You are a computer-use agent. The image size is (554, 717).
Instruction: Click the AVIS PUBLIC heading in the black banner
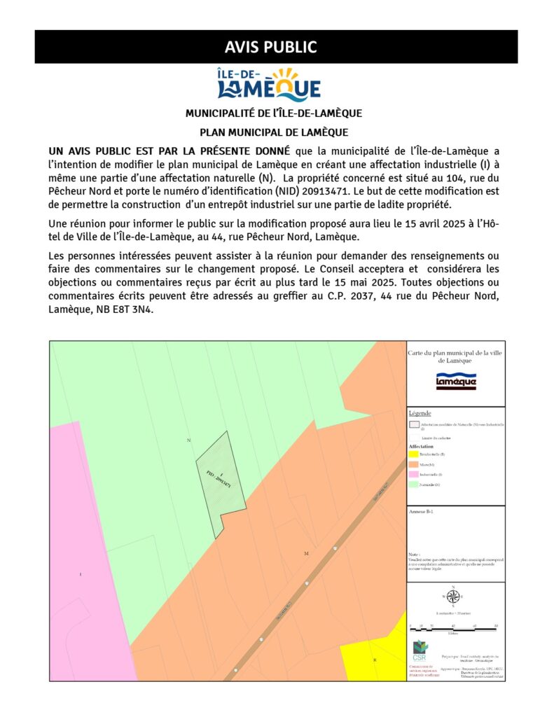point(270,47)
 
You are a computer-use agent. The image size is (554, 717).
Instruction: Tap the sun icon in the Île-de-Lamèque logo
point(285,76)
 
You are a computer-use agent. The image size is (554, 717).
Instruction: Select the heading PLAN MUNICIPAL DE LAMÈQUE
point(274,132)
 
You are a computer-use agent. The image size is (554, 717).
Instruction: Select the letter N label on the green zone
point(189,440)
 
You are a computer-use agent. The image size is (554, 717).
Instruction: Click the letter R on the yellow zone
point(375,660)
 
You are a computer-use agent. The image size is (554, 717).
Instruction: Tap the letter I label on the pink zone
point(81,575)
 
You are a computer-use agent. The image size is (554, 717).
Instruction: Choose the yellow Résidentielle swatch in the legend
point(414,454)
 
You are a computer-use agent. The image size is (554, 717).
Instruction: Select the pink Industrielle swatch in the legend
point(414,474)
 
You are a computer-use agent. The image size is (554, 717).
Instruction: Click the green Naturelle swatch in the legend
point(414,484)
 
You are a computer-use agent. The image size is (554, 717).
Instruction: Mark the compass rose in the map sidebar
point(453,597)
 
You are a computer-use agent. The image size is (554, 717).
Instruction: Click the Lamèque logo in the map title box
point(456,380)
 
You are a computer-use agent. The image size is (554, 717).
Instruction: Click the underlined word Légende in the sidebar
point(420,414)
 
